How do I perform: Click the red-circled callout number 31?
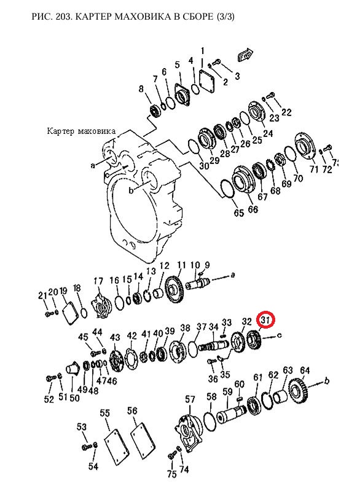[x=265, y=319]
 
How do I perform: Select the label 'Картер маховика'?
[x=81, y=131]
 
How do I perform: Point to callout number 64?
[x=305, y=370]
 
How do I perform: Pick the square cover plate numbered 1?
[x=207, y=79]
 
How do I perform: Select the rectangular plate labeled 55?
[x=116, y=442]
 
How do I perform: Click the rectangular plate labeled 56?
[x=144, y=437]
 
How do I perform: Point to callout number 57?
[x=190, y=399]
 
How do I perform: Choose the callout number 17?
[x=98, y=281]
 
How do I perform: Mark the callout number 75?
[x=172, y=474]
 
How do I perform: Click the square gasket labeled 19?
[x=69, y=313]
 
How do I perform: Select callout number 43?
[x=115, y=337]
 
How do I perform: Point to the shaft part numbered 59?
[x=232, y=415]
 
